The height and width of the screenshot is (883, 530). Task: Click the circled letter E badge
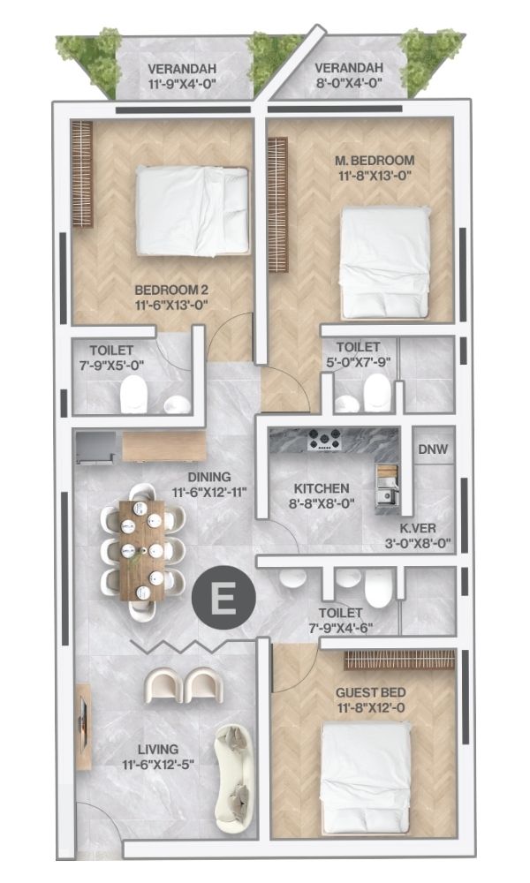[x=223, y=598]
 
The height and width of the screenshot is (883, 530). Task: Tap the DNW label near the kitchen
[x=433, y=449]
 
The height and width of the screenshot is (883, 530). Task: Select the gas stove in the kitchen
[x=324, y=439]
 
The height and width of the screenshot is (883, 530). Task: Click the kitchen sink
[x=388, y=496]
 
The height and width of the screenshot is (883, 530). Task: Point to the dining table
[x=142, y=550]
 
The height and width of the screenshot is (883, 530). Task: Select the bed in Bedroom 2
[x=192, y=211]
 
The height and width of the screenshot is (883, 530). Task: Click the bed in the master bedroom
[x=384, y=263]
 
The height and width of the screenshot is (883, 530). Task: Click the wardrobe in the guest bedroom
[x=398, y=660]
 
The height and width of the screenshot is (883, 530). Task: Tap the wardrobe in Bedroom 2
[x=81, y=174]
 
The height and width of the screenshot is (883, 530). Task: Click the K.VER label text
[x=418, y=529]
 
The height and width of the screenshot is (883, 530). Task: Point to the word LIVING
[x=158, y=750]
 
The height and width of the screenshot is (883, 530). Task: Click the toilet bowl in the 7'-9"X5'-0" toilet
[x=134, y=394]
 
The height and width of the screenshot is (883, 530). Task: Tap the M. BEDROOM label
[x=375, y=161]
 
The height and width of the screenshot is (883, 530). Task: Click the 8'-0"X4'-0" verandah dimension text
[x=349, y=83]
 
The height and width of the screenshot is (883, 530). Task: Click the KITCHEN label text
[x=322, y=488]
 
